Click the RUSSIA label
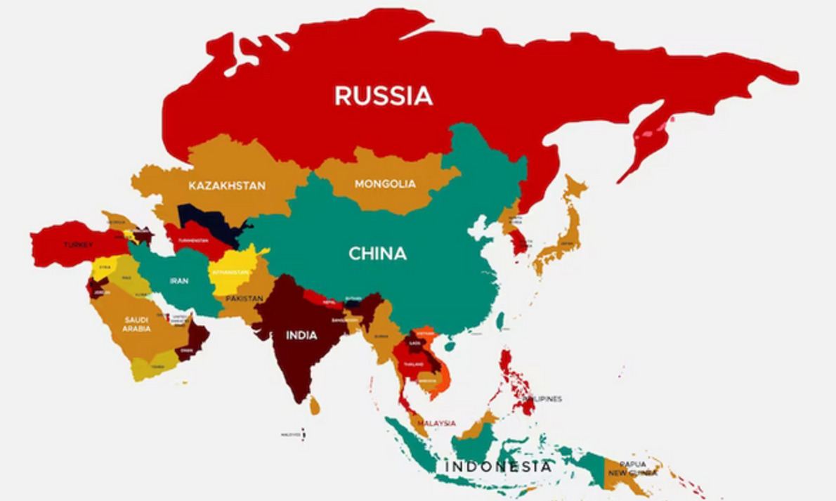pyautogui.click(x=383, y=96)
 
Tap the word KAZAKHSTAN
pyautogui.click(x=227, y=186)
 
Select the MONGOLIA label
pyautogui.click(x=385, y=184)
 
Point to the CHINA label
pyautogui.click(x=378, y=254)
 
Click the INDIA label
pyautogui.click(x=301, y=335)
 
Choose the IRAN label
pyautogui.click(x=178, y=281)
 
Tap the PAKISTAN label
pyautogui.click(x=244, y=299)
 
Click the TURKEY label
pyautogui.click(x=77, y=245)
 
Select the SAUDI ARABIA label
pyautogui.click(x=136, y=324)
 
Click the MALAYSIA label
pyautogui.click(x=436, y=423)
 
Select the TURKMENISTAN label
pyautogui.click(x=192, y=240)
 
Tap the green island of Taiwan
pyautogui.click(x=500, y=321)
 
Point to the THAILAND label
pyautogui.click(x=413, y=365)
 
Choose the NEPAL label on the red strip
pyautogui.click(x=329, y=301)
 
